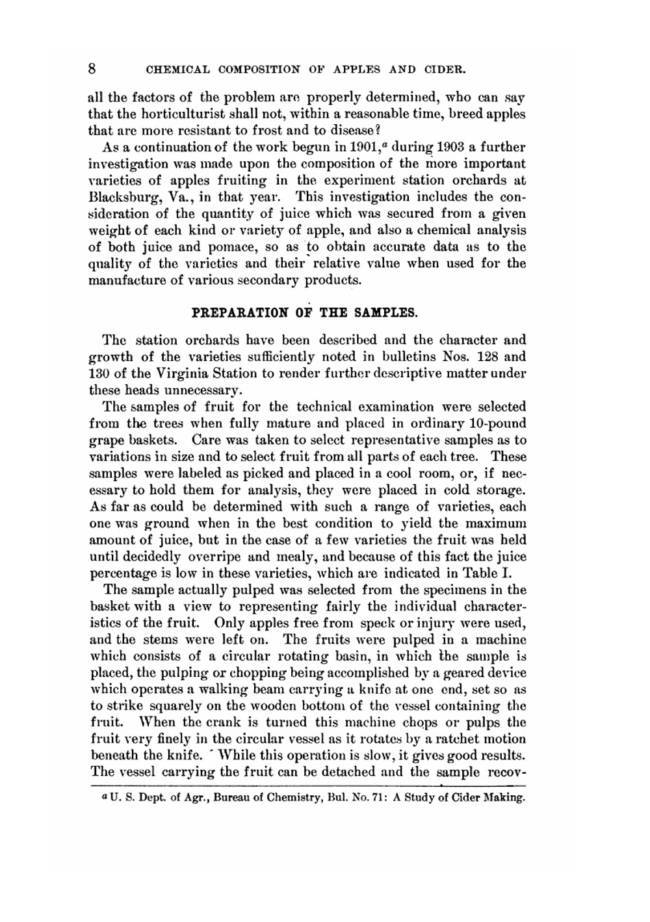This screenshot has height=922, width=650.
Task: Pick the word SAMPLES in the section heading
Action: click(x=387, y=312)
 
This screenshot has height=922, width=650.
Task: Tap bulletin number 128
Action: click(x=488, y=356)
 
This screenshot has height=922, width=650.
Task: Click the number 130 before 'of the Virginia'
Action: click(x=100, y=373)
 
